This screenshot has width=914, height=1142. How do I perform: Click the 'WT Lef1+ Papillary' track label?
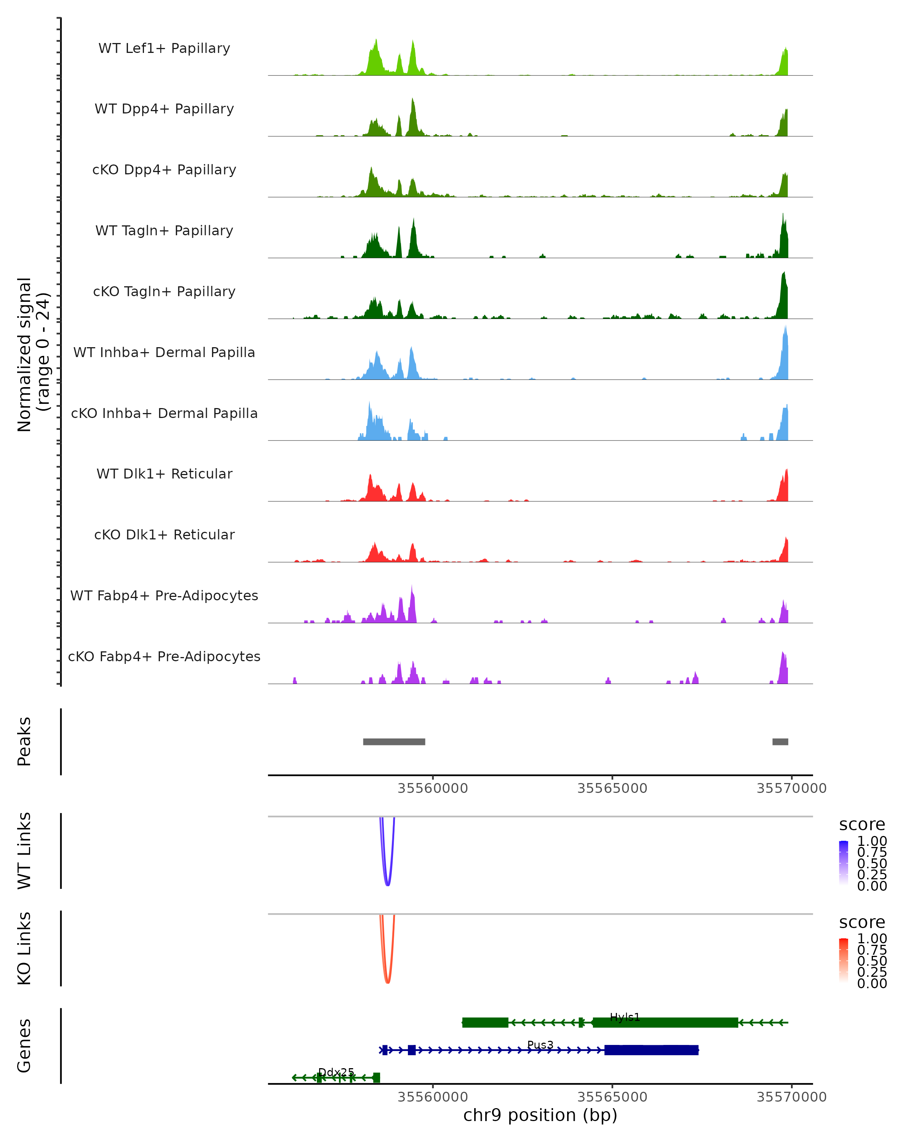[164, 48]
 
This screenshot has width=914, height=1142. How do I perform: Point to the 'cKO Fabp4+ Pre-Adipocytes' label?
[164, 656]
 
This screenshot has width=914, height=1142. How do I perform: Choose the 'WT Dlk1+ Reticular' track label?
[164, 474]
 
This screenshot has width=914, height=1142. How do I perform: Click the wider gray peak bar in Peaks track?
[394, 742]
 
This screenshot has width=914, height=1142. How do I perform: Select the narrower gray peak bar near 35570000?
[780, 742]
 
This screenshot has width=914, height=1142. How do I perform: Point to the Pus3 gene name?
[540, 1045]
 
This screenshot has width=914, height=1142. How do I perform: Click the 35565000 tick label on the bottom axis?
[612, 1097]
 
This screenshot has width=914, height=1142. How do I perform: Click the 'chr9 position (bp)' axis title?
[540, 1115]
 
